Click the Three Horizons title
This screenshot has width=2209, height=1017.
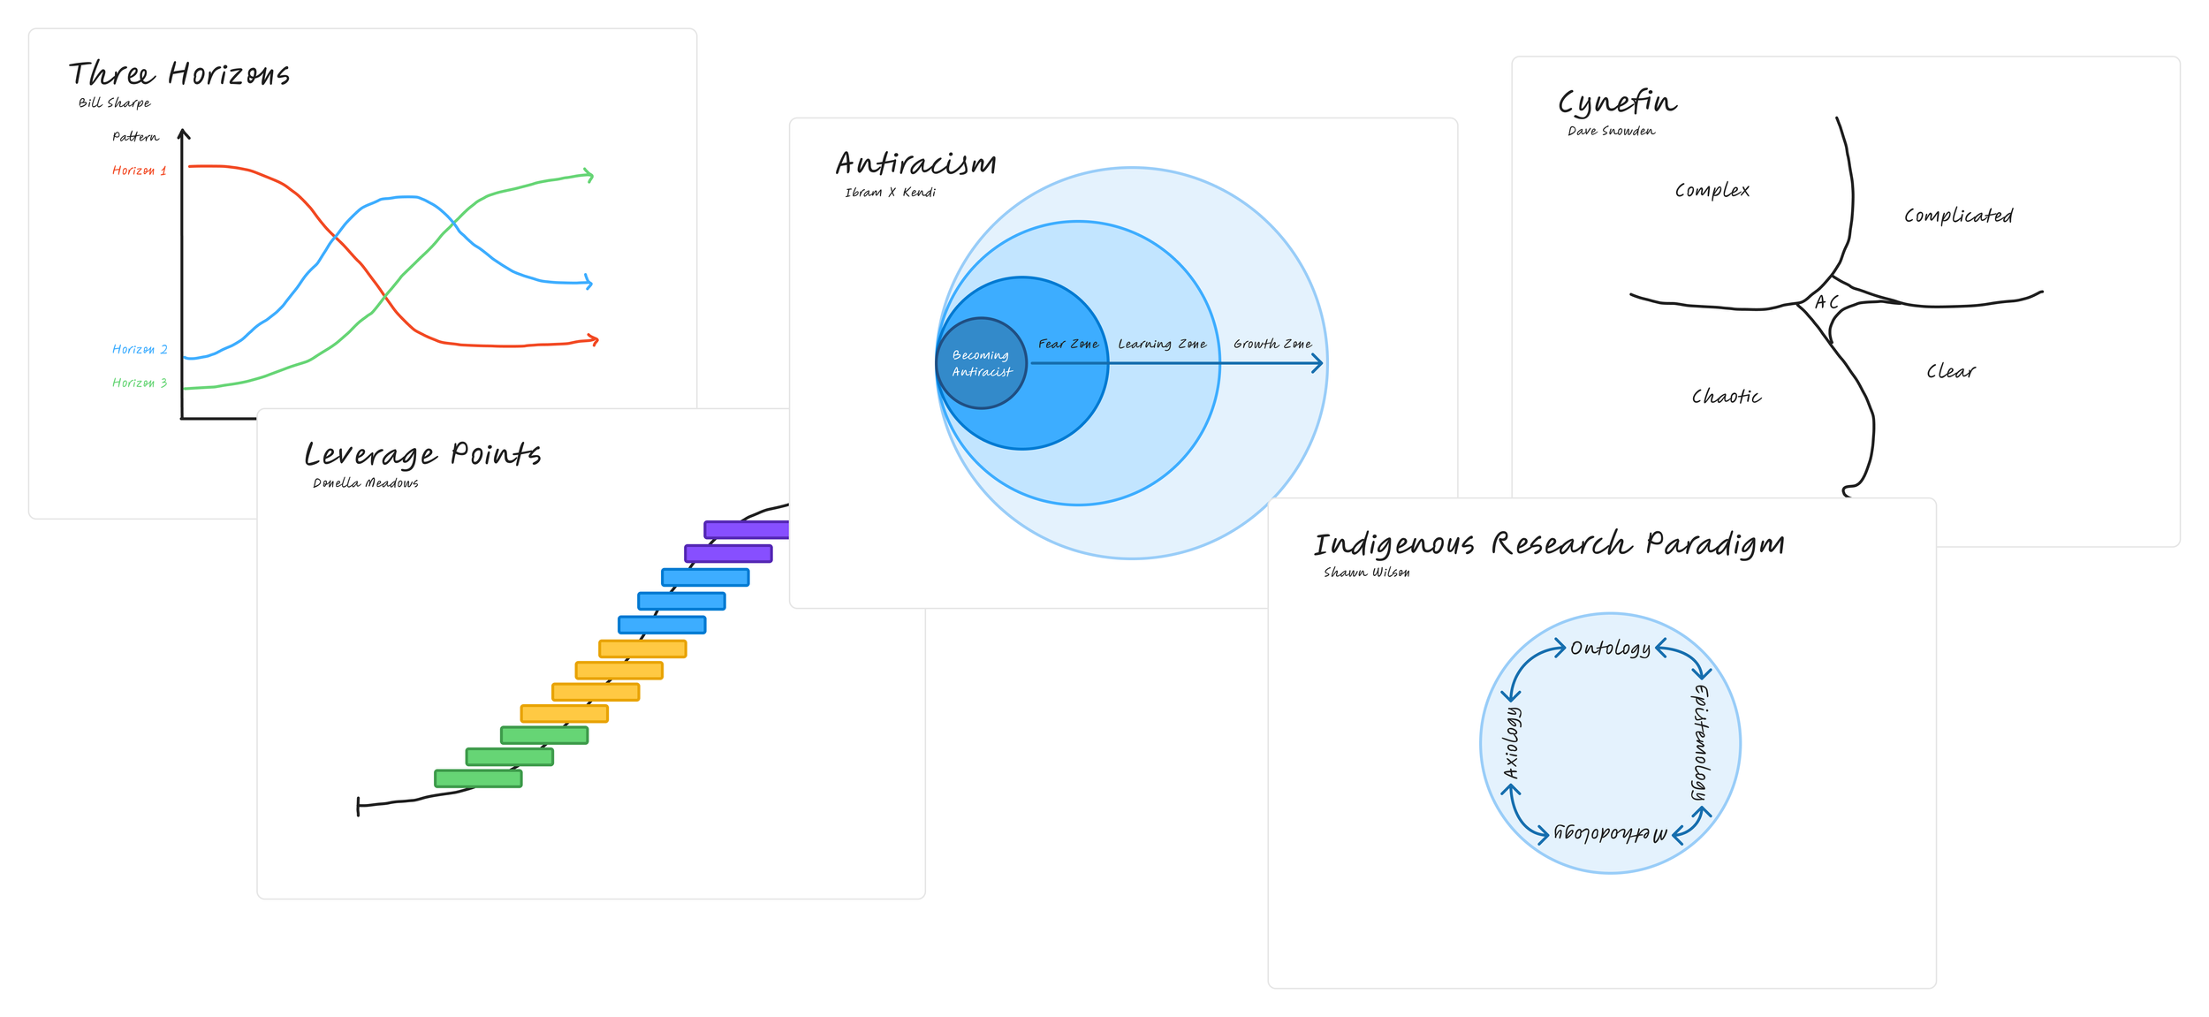(x=179, y=74)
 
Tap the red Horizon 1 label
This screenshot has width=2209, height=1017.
(x=139, y=171)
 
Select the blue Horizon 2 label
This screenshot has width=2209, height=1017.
(x=140, y=350)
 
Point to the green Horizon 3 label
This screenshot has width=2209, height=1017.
(x=140, y=383)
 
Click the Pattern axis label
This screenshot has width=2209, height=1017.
(x=135, y=137)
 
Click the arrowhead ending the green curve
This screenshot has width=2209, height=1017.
(x=589, y=175)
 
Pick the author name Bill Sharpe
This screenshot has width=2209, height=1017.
(x=115, y=103)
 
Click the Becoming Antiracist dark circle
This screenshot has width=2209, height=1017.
(x=981, y=363)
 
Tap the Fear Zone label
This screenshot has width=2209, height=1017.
(x=1068, y=344)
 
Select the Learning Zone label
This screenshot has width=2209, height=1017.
(x=1162, y=344)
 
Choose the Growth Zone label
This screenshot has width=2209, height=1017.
(x=1272, y=344)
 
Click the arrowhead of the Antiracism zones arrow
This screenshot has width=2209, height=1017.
(x=1318, y=363)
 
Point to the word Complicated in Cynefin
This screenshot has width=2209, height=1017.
(x=1958, y=216)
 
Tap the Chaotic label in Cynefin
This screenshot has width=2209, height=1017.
(x=1727, y=397)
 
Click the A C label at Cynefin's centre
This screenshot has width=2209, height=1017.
(x=1826, y=302)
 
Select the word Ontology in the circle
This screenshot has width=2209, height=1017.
(x=1610, y=648)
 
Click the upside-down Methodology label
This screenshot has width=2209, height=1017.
(x=1610, y=833)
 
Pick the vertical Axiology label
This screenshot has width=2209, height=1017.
(x=1512, y=742)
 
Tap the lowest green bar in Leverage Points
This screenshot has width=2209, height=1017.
(x=478, y=778)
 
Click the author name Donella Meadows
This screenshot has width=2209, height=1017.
(x=366, y=483)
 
